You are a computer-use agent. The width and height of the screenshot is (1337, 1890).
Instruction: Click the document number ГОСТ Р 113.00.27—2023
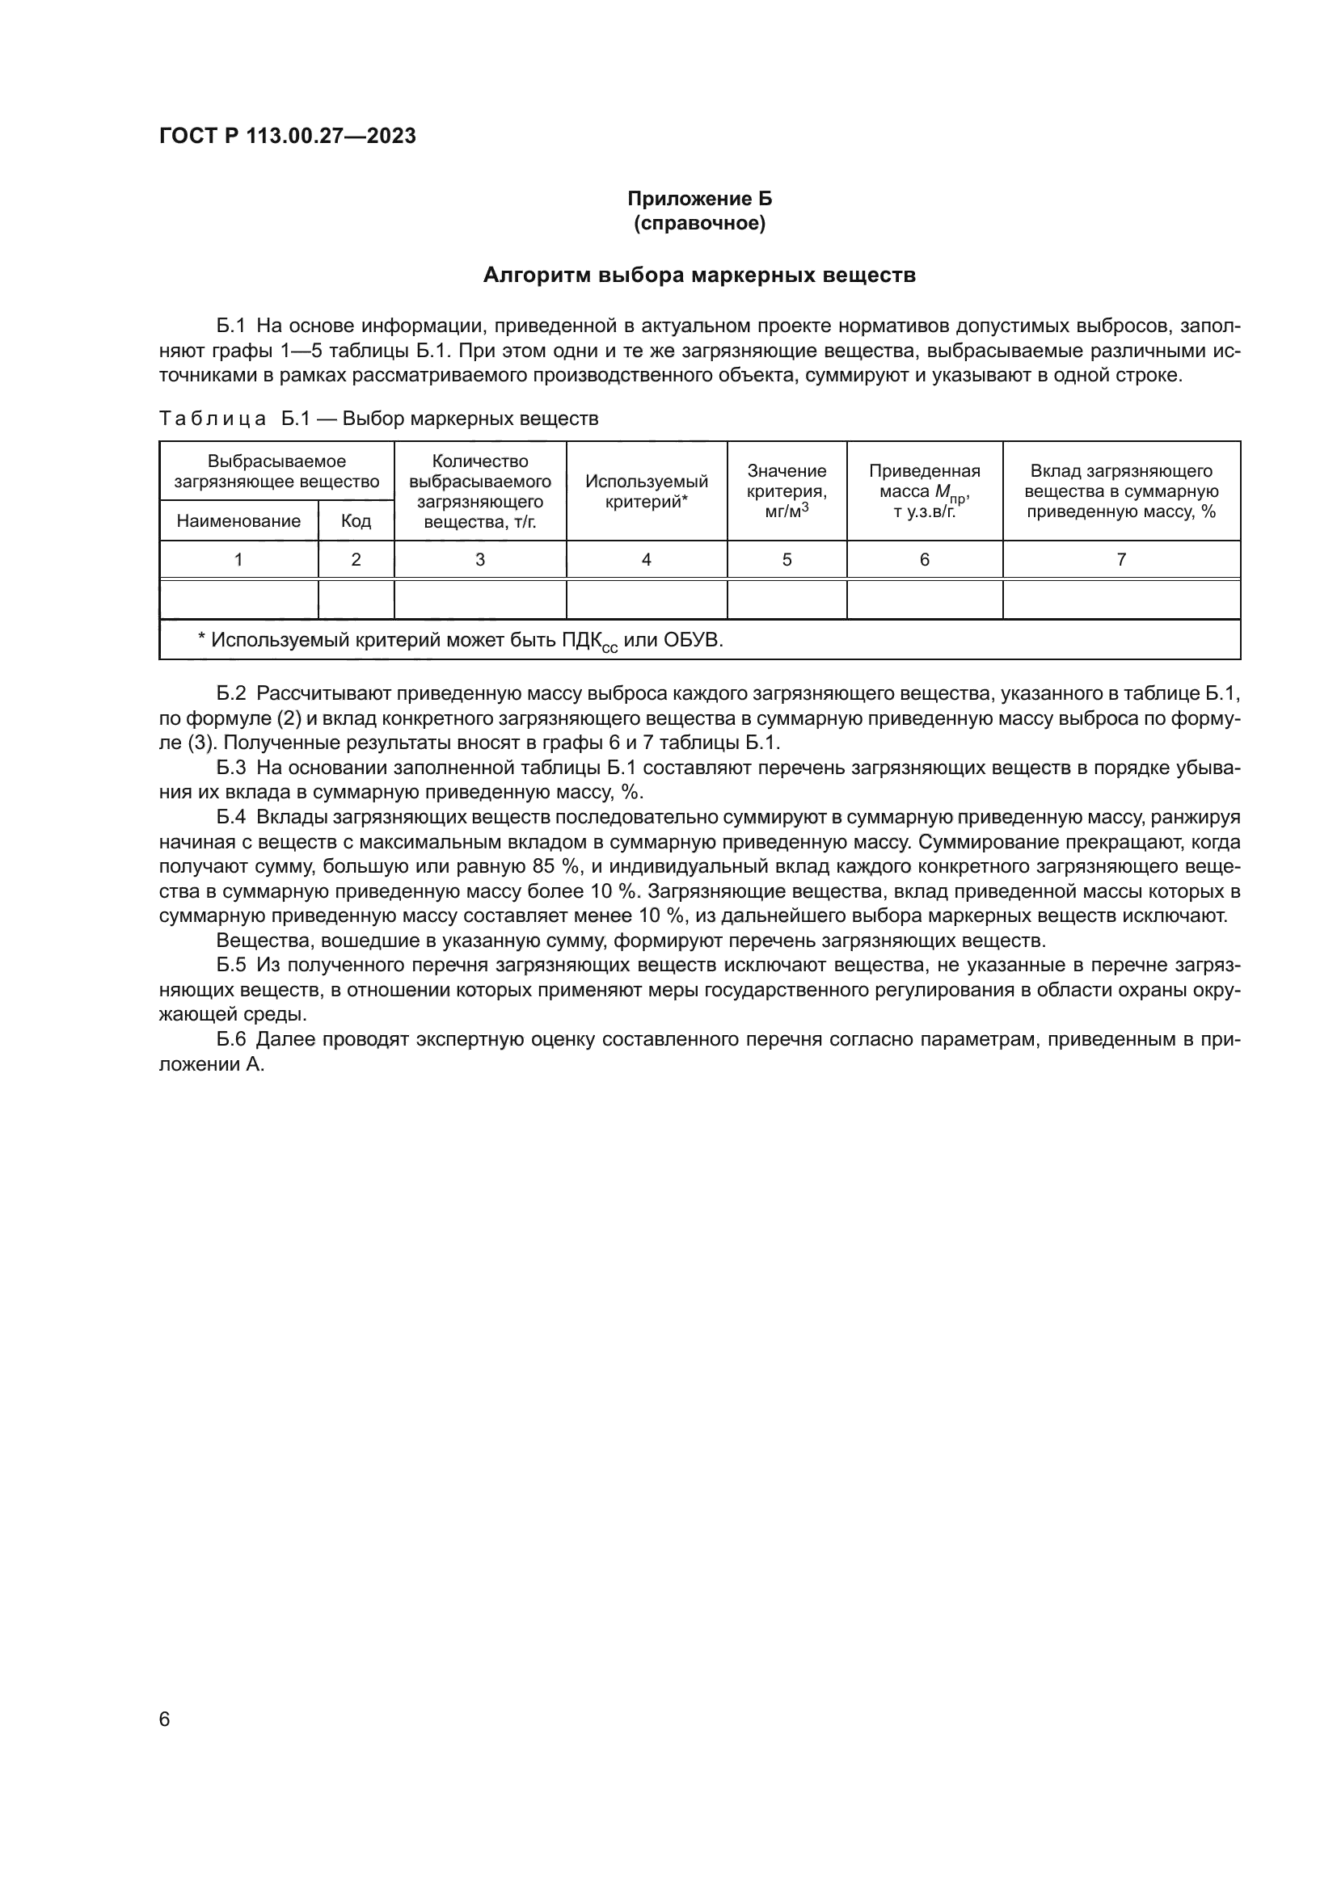coord(287,137)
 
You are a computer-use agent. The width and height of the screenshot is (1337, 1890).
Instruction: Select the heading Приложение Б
coord(699,199)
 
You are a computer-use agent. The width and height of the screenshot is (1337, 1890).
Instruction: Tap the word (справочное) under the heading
coord(699,223)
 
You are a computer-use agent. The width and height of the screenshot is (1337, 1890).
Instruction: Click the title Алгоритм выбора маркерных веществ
coord(699,275)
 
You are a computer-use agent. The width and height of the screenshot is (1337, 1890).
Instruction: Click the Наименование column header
coord(238,521)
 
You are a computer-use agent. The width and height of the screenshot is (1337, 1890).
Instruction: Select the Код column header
coord(356,521)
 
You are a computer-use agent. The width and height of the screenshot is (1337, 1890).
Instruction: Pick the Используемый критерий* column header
coord(647,491)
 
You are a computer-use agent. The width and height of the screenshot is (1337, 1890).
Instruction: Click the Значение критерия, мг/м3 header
coord(787,491)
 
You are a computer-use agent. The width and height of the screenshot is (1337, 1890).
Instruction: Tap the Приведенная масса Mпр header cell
coord(924,491)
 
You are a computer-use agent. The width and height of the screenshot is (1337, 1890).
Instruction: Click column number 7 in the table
coord(1120,560)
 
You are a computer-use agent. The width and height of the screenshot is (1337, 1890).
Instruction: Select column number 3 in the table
coord(480,560)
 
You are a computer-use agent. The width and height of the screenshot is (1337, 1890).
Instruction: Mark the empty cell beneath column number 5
coord(787,600)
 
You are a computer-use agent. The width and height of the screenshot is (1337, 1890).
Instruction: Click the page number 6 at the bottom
coord(165,1720)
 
